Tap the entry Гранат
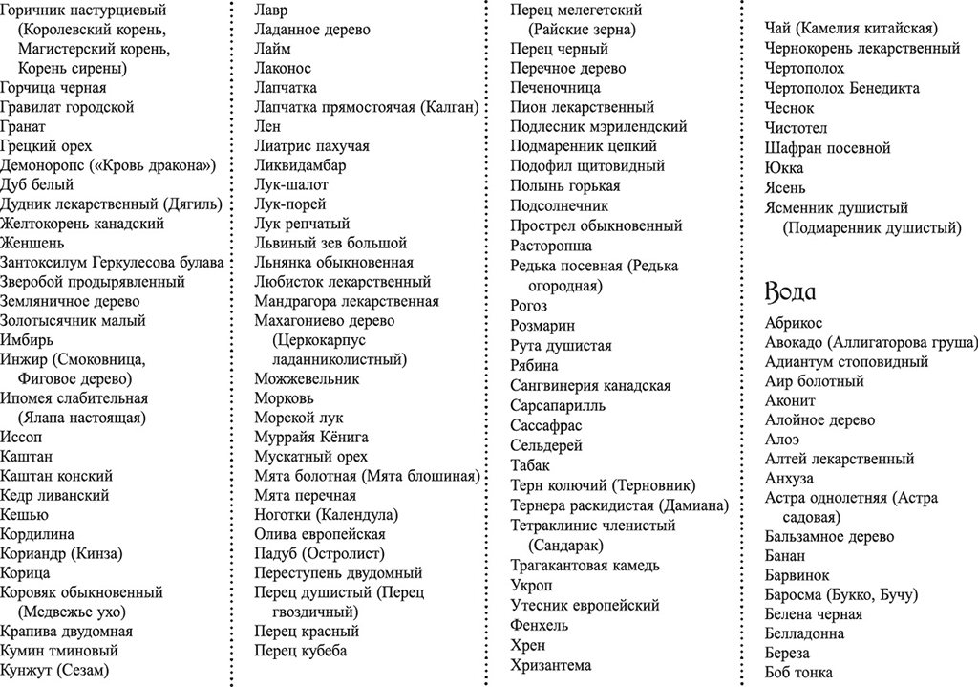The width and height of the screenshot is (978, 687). coord(23,126)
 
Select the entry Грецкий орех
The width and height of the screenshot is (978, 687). coord(46,146)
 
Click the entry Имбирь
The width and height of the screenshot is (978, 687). coord(27,340)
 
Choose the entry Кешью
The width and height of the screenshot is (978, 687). coord(24,515)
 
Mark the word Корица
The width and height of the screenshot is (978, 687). coord(25,573)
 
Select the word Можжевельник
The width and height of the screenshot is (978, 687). coord(307,378)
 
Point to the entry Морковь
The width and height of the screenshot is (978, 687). coord(284,398)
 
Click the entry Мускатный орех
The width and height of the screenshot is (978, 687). coord(310,457)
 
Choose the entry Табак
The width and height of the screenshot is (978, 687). coord(531,465)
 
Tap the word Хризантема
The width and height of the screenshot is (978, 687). coord(551,665)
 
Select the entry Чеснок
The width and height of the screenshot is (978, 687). coord(788,108)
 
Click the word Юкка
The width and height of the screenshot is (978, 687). coord(784,168)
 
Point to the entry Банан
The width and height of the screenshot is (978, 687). coord(786,556)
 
